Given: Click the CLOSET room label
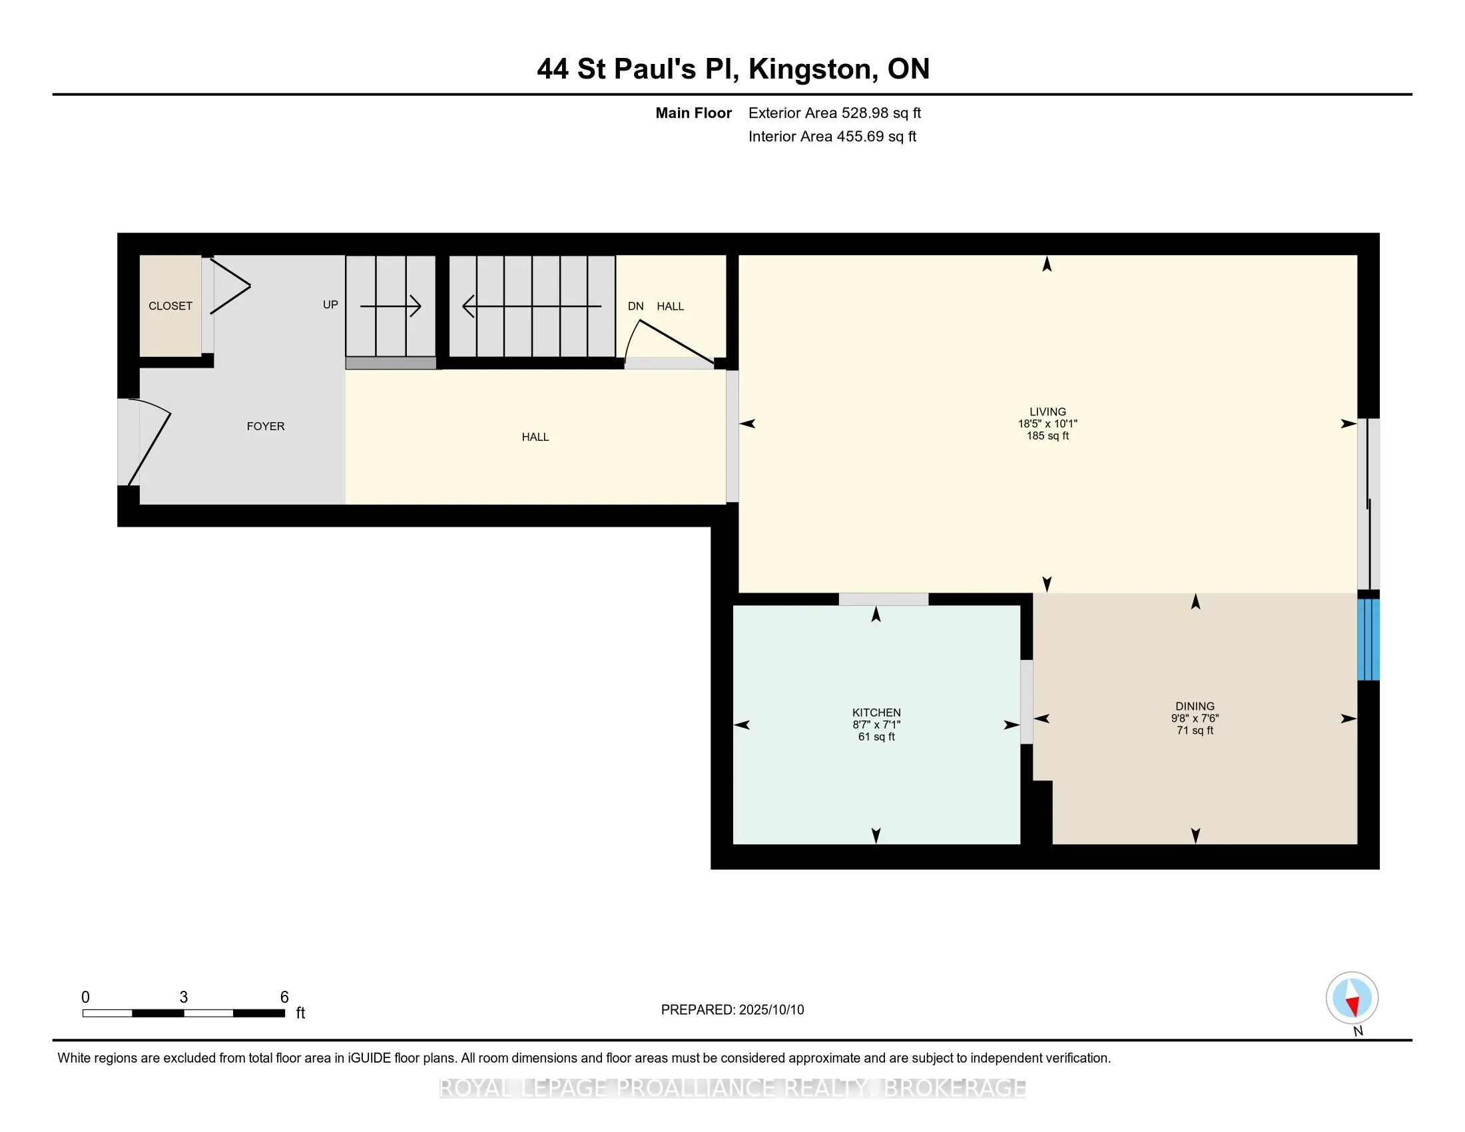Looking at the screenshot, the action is [x=170, y=306].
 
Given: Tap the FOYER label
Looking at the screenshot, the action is [x=266, y=426].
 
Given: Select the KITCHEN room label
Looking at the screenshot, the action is [x=876, y=712].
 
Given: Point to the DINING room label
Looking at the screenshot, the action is [x=1195, y=705].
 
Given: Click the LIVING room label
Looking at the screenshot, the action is [x=1047, y=411].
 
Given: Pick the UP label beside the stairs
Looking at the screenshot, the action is [x=330, y=304].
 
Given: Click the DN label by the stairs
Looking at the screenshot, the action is [x=635, y=306].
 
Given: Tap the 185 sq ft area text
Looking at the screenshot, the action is [x=1047, y=435].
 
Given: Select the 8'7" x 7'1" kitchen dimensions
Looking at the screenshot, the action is [x=876, y=724].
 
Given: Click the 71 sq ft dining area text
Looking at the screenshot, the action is [x=1195, y=730].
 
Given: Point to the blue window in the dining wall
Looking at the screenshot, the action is [x=1368, y=639].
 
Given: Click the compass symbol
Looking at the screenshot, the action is [x=1352, y=998].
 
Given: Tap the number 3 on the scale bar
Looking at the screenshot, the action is [x=184, y=997].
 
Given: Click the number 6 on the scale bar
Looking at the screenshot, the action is [x=284, y=997].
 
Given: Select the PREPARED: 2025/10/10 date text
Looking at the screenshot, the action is [x=732, y=1009].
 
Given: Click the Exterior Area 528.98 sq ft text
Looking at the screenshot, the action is [x=834, y=113].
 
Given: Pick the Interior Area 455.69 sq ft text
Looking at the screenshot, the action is [x=832, y=136].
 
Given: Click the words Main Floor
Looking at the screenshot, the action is [x=694, y=113].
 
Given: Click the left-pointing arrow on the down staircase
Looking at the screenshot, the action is [x=532, y=306].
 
